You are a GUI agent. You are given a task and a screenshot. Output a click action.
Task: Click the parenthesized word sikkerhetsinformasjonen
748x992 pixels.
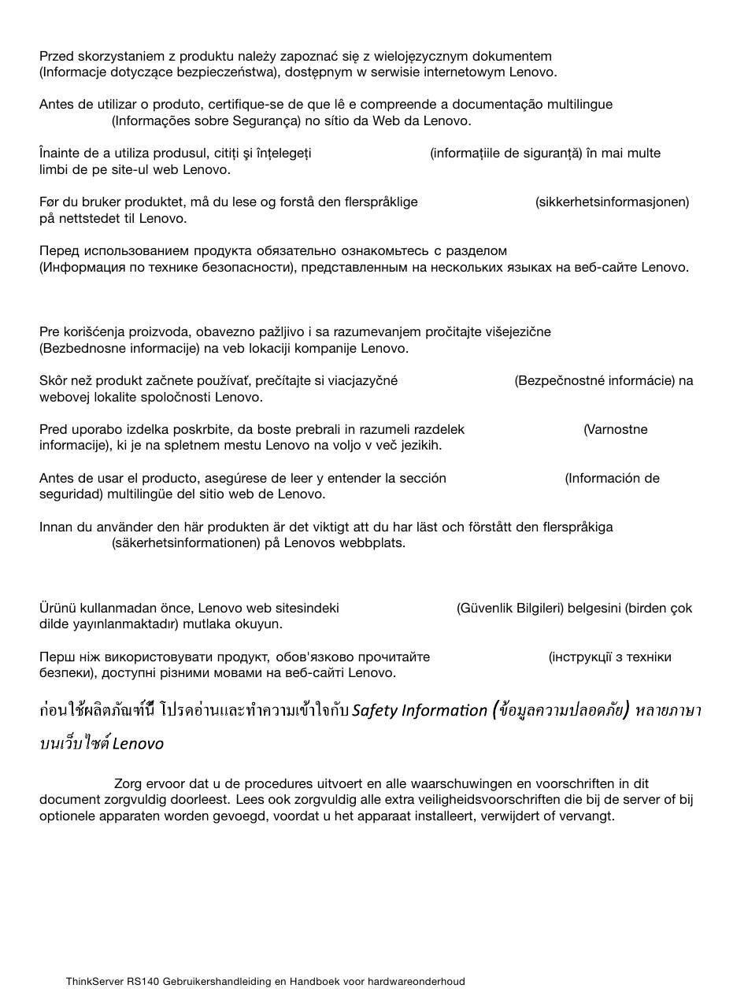[612, 202]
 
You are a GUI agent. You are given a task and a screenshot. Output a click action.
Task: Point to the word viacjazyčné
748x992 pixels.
[361, 381]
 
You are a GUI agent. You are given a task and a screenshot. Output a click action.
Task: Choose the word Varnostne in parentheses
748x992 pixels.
[617, 430]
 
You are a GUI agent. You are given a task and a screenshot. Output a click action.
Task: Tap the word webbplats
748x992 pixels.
[372, 543]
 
